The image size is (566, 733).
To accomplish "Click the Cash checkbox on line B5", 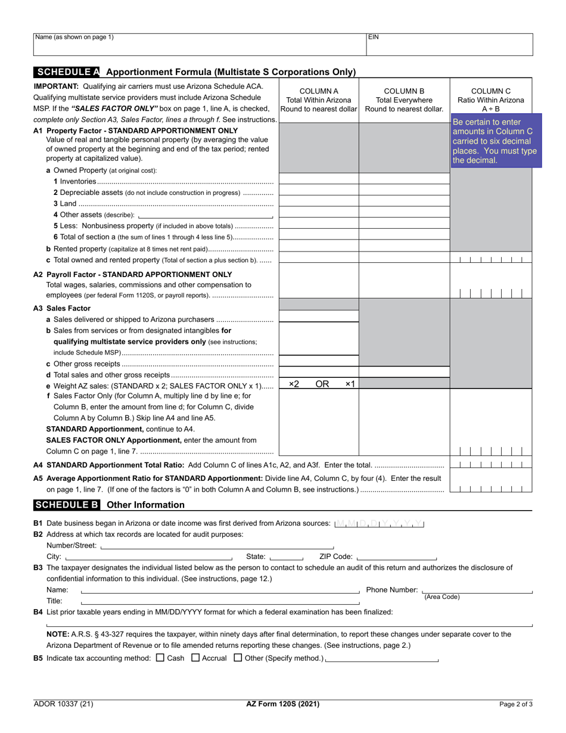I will [159, 658].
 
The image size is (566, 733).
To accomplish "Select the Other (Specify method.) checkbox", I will [238, 658].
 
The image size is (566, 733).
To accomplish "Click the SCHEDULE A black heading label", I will [67, 72].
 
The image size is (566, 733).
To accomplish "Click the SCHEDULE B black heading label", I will [67, 505].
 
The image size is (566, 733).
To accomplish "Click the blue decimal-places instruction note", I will [495, 141].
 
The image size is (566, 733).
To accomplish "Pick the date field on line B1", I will [380, 523].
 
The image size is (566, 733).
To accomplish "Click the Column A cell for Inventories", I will [319, 179].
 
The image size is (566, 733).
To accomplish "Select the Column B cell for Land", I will [404, 202].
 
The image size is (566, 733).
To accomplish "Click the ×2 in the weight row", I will [294, 384].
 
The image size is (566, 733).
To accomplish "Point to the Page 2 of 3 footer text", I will [516, 704].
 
